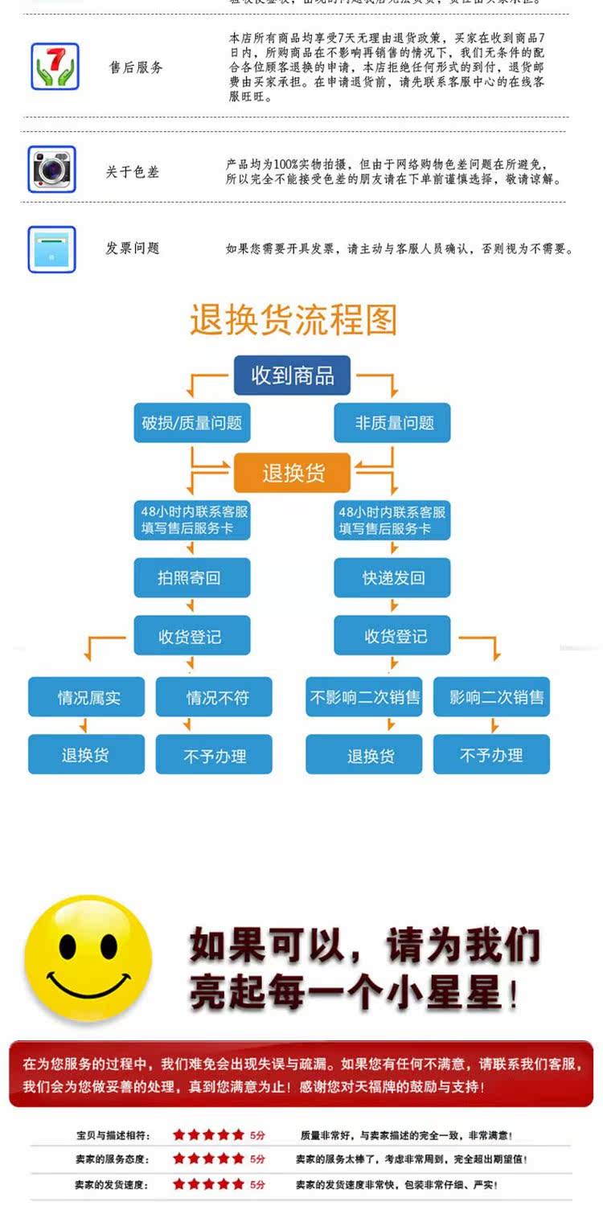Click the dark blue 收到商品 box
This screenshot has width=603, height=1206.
tap(292, 375)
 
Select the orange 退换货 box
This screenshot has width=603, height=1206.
tap(292, 473)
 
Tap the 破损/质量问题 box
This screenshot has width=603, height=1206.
tap(192, 423)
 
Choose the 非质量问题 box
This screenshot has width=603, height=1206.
tap(393, 423)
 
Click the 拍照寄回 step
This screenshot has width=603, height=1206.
tap(191, 577)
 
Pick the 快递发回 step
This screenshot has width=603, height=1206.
tap(392, 577)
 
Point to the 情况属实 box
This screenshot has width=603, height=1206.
tap(87, 697)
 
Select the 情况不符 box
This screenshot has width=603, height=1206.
tap(214, 697)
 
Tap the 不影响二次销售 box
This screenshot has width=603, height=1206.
tap(364, 697)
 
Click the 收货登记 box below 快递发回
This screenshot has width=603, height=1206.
tap(392, 637)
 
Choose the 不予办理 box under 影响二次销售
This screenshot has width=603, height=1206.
tap(491, 756)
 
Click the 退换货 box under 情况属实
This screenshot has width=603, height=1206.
tap(87, 756)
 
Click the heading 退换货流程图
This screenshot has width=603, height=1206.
tap(293, 320)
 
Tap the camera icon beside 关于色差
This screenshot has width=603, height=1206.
tap(52, 169)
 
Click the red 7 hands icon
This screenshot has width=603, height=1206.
tap(55, 67)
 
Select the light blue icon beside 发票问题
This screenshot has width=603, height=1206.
tap(52, 249)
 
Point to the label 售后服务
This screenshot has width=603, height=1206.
tap(136, 68)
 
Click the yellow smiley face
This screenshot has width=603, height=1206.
tap(88, 958)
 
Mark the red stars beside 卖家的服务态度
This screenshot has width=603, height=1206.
tap(208, 1159)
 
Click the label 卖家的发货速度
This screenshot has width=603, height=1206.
tap(112, 1184)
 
